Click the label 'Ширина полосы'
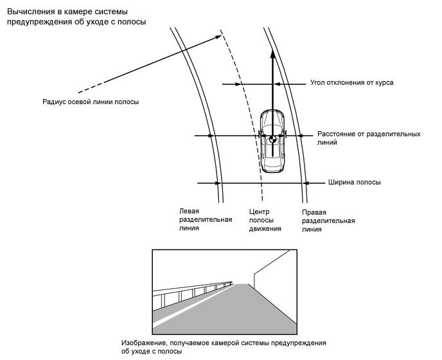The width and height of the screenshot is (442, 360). pyautogui.click(x=354, y=183)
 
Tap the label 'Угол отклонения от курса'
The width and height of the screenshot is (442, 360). pyautogui.click(x=351, y=83)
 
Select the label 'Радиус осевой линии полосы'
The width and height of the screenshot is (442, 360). pyautogui.click(x=91, y=102)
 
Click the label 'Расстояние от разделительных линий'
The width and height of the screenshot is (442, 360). pyautogui.click(x=369, y=138)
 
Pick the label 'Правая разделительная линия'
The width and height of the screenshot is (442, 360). pyautogui.click(x=328, y=220)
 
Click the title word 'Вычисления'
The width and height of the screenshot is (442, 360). pyautogui.click(x=30, y=11)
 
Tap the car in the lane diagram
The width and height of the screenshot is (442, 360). pyautogui.click(x=272, y=141)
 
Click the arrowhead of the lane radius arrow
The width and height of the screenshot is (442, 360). pyautogui.click(x=218, y=35)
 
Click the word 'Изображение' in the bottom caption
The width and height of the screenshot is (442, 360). pyautogui.click(x=143, y=343)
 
